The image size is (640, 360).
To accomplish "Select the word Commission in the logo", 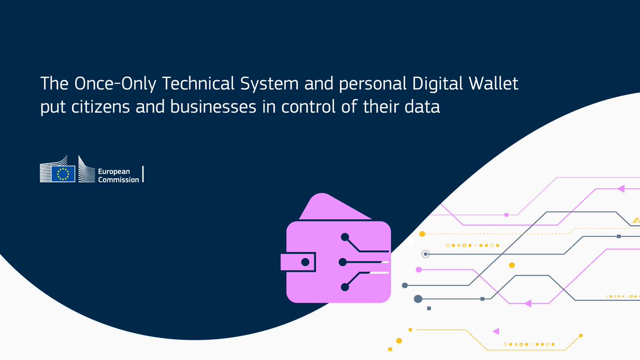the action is click(119, 180).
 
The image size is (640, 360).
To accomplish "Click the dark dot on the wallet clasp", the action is click(306, 262).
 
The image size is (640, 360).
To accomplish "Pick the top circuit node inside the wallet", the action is click(345, 236).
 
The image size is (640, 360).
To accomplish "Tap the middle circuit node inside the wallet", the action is click(343, 262).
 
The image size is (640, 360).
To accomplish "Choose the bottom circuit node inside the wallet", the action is click(345, 287).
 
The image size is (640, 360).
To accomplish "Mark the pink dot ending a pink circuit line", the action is click(419, 269).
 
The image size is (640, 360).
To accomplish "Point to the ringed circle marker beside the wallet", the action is click(425, 254).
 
